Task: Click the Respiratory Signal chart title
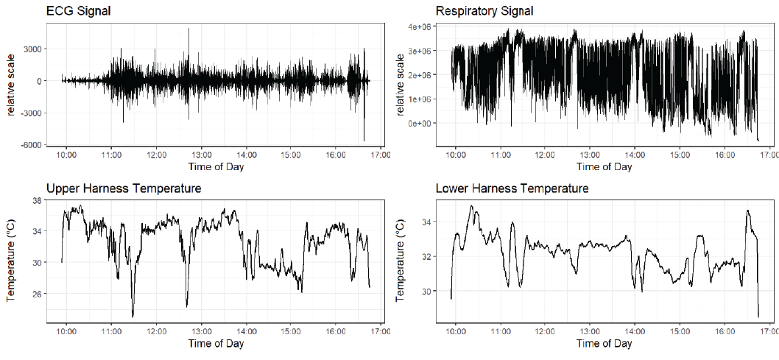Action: coord(484,11)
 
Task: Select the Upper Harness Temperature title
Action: coord(124,189)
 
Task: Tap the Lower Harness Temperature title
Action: coord(512,189)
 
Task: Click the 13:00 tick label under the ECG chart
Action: coord(201,155)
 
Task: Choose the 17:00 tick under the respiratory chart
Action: coord(769,155)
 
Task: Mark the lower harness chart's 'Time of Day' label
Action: coord(604,344)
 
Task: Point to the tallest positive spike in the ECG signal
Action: coord(189,29)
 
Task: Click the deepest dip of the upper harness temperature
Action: coord(133,317)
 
